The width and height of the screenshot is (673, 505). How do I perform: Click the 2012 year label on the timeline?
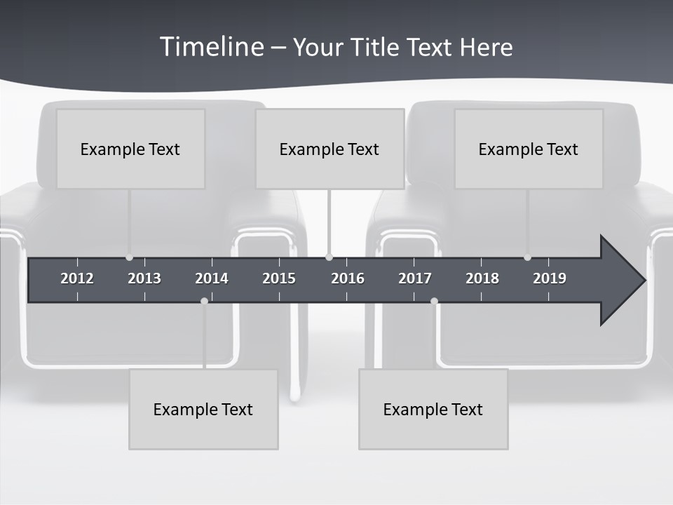[77, 278]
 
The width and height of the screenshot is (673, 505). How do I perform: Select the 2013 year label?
[144, 278]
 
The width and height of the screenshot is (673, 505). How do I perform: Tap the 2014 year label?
[212, 278]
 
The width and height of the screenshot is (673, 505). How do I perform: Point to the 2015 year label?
[279, 278]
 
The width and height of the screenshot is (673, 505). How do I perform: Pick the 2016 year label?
[348, 278]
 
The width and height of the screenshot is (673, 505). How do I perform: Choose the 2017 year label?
[415, 278]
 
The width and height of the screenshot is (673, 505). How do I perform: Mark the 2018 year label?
[482, 278]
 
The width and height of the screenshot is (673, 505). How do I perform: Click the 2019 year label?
[550, 278]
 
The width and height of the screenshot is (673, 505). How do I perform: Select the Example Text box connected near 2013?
[130, 149]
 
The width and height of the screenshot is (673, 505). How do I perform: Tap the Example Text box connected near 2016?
[329, 149]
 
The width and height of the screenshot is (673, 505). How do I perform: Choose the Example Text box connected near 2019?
[529, 149]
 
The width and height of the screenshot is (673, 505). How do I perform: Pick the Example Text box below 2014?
[203, 409]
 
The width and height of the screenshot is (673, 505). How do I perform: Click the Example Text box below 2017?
[433, 409]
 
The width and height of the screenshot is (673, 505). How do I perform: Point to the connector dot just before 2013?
[129, 257]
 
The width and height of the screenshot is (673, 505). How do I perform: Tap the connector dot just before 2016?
[329, 257]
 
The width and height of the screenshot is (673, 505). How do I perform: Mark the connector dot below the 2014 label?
[204, 301]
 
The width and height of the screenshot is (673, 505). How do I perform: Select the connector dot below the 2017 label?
[434, 301]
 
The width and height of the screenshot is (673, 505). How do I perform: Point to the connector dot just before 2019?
[527, 257]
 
